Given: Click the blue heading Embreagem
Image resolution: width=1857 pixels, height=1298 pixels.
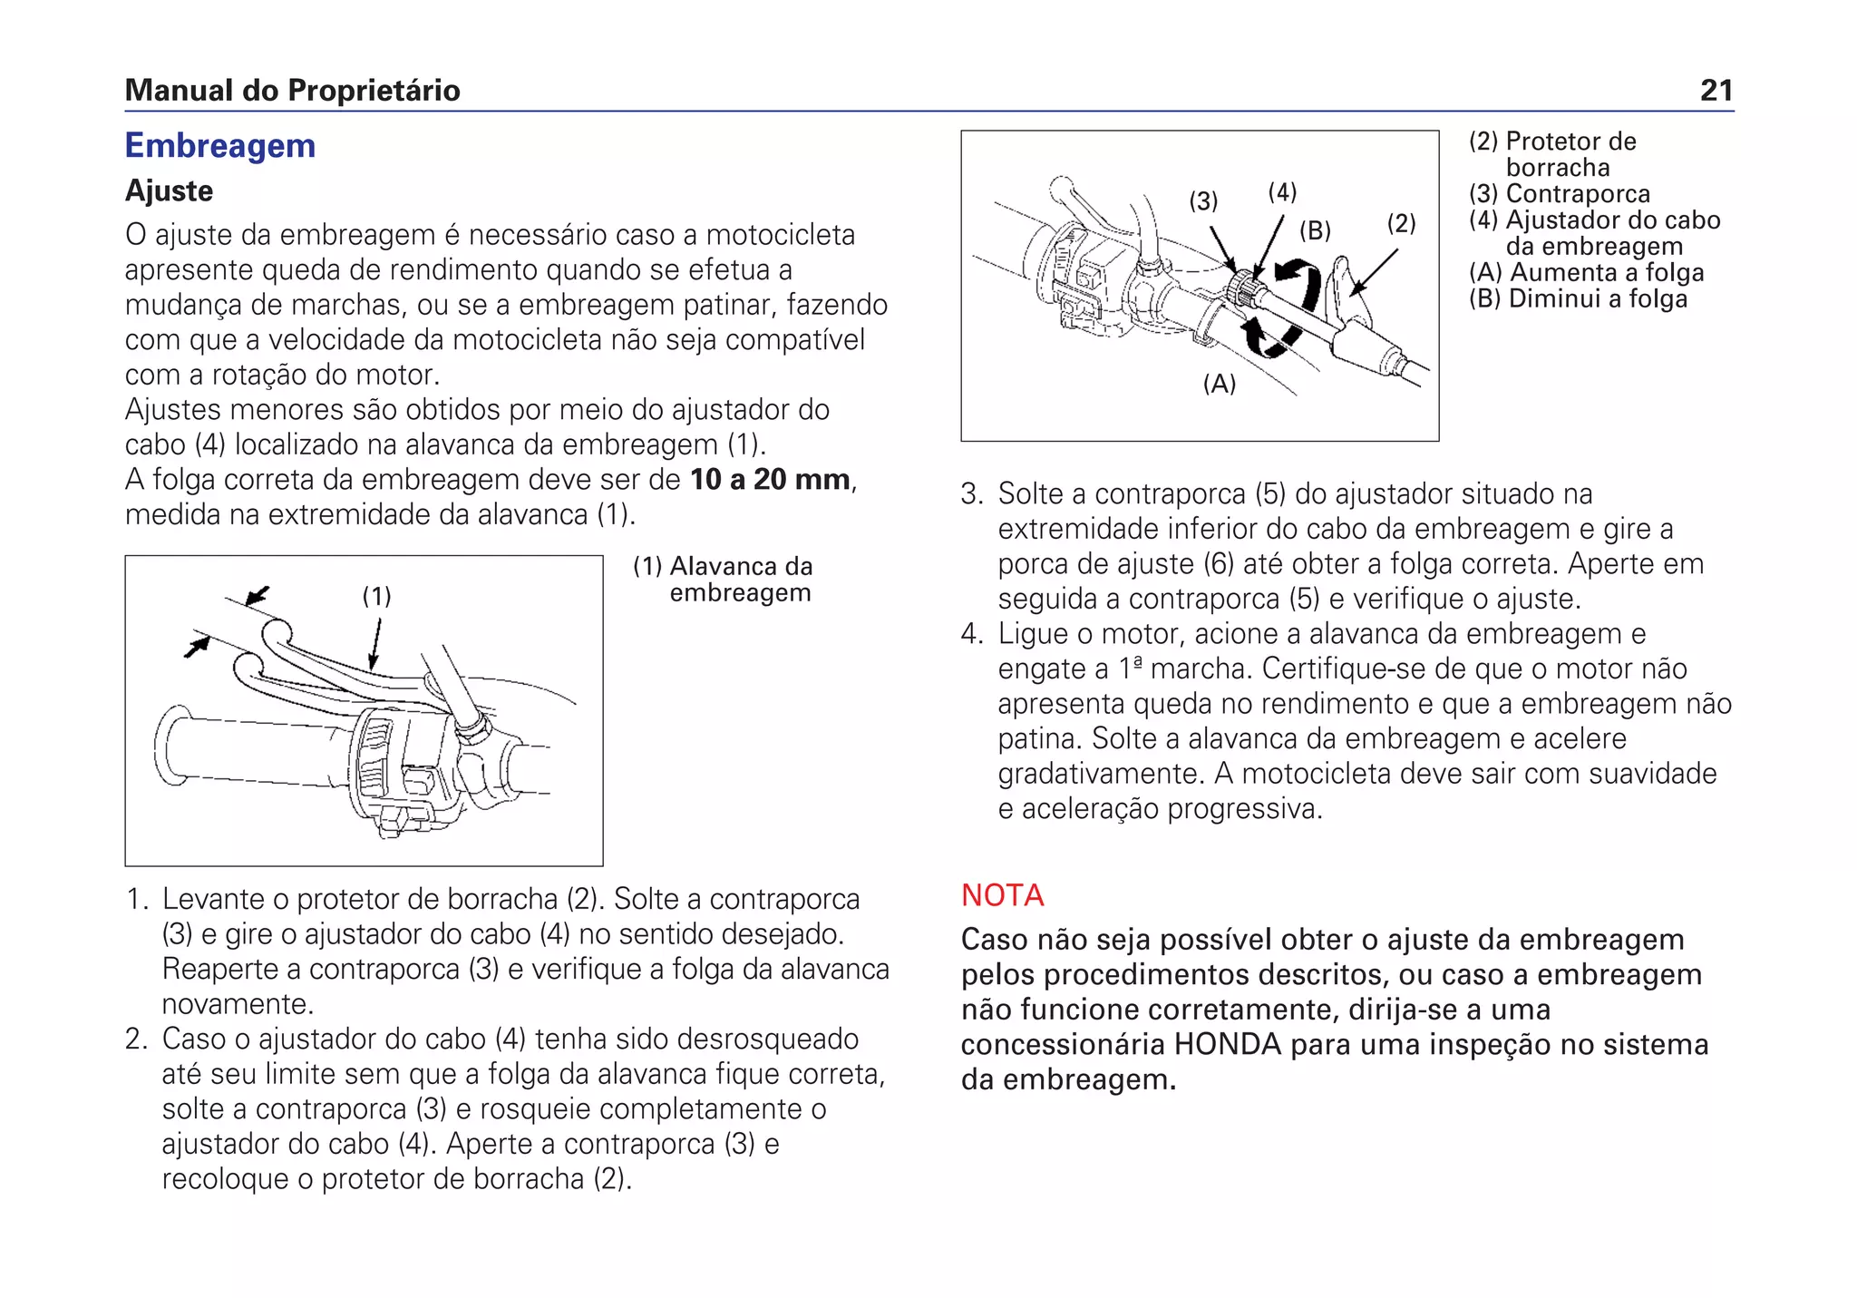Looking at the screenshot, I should (x=219, y=146).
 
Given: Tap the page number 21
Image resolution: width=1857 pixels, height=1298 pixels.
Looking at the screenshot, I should (x=1716, y=90).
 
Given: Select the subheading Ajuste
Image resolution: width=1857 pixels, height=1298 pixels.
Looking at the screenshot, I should (x=169, y=190).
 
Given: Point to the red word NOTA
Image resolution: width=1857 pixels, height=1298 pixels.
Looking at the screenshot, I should (x=1002, y=895).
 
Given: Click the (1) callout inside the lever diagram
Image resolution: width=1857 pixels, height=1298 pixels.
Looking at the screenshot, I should (x=376, y=596).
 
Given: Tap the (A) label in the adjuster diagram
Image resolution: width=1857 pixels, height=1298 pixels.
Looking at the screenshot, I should (x=1219, y=384).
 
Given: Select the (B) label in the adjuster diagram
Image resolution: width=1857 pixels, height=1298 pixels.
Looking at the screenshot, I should (x=1315, y=230).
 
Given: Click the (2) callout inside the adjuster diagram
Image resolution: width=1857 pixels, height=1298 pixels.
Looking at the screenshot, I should (x=1401, y=223).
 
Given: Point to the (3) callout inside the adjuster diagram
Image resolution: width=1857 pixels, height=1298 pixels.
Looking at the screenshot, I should (x=1203, y=201).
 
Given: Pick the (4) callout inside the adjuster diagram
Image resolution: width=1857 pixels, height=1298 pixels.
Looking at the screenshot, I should (x=1282, y=192).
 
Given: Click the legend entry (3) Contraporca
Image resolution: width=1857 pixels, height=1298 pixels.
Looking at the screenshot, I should (x=1560, y=194).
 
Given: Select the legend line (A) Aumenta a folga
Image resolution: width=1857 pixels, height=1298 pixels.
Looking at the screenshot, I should (x=1587, y=272).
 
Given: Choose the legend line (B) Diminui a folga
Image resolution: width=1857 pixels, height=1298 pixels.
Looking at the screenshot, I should (x=1578, y=298).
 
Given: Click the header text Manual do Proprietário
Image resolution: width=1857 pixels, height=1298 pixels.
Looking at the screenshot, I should (x=292, y=90).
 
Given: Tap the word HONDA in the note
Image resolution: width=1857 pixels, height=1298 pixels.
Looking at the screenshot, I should (x=1228, y=1045).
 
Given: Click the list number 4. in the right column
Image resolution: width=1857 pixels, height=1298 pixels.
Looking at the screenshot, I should (x=972, y=634).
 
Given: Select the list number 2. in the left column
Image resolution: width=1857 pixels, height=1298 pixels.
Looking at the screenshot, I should (x=136, y=1039).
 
